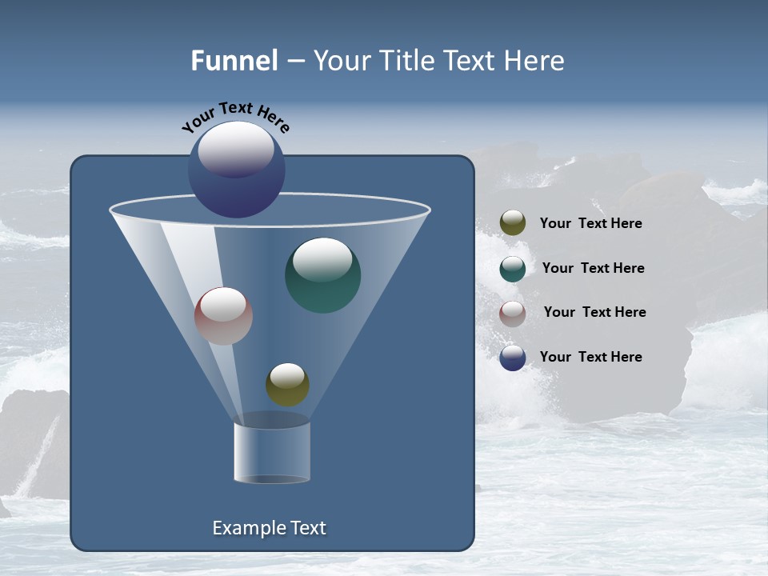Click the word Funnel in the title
click(x=234, y=61)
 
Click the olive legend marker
click(x=513, y=223)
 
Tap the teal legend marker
click(x=513, y=269)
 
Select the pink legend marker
click(x=513, y=314)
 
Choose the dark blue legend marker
click(x=513, y=358)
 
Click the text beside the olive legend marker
click(x=590, y=224)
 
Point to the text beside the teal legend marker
click(x=593, y=268)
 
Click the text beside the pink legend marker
click(x=594, y=312)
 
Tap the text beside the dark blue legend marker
click(x=590, y=357)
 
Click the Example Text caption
click(x=269, y=528)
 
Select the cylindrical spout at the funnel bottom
click(x=272, y=453)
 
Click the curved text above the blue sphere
click(x=236, y=115)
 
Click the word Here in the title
click(x=535, y=61)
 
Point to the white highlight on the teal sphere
click(x=322, y=258)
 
